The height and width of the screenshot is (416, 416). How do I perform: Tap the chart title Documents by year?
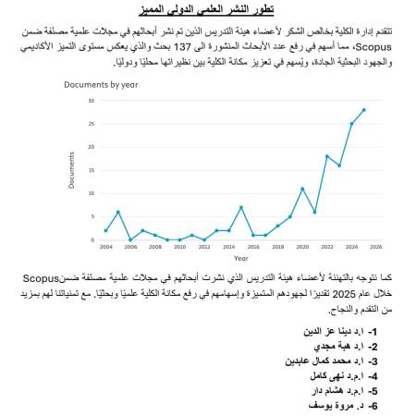(101, 84)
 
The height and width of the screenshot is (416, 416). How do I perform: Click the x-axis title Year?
(240, 258)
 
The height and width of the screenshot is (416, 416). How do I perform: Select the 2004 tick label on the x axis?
(105, 248)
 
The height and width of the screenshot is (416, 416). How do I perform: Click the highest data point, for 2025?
(363, 109)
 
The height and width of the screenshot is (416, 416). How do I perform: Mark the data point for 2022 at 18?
(326, 156)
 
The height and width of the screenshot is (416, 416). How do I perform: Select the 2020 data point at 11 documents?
(302, 189)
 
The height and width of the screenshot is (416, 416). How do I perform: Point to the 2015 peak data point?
(240, 207)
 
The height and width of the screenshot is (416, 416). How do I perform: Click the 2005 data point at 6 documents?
(117, 212)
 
